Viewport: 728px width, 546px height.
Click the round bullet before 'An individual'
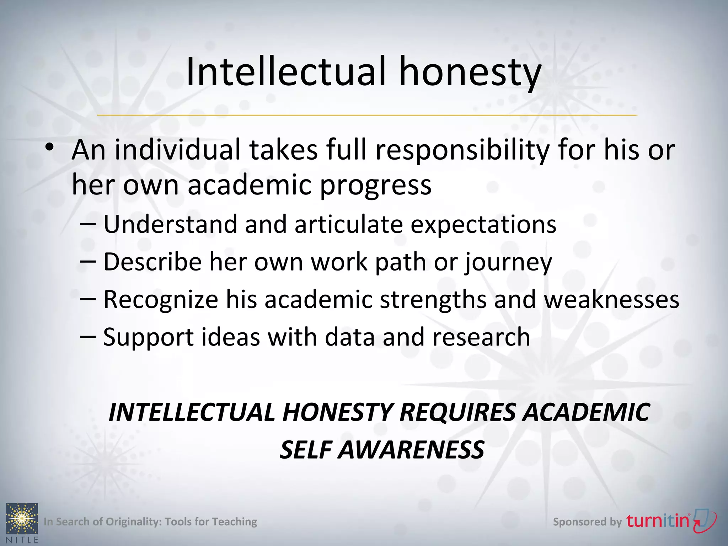50,147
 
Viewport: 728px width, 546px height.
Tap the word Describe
153,262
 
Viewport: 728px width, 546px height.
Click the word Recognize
161,300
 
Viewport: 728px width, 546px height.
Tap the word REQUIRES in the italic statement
457,412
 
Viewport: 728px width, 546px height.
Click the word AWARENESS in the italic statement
411,450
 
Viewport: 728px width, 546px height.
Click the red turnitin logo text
658,521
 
